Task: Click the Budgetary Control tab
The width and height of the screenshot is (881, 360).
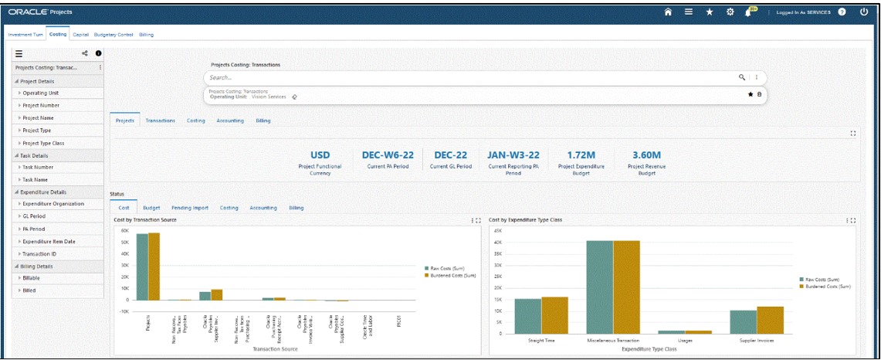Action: pyautogui.click(x=114, y=35)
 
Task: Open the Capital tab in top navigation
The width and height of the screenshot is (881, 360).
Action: pyautogui.click(x=81, y=35)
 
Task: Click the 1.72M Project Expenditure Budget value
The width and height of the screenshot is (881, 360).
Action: pyautogui.click(x=574, y=155)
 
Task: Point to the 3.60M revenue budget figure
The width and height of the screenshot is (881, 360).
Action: pyautogui.click(x=646, y=155)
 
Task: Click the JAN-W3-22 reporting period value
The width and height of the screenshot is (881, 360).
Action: pyautogui.click(x=513, y=155)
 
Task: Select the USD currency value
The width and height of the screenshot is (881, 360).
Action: pyautogui.click(x=320, y=155)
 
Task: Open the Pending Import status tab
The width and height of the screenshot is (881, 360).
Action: pyautogui.click(x=190, y=208)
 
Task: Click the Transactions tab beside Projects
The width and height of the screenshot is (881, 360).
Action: pyautogui.click(x=161, y=121)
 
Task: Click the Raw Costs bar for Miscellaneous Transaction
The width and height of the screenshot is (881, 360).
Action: pyautogui.click(x=599, y=287)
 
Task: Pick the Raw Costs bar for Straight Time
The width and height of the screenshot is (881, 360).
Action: pyautogui.click(x=527, y=316)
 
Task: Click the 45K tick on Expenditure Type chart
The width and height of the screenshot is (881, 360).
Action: pyautogui.click(x=498, y=230)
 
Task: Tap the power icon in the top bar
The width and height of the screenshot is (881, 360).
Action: pyautogui.click(x=864, y=12)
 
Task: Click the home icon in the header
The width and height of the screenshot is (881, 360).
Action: pyautogui.click(x=669, y=12)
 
